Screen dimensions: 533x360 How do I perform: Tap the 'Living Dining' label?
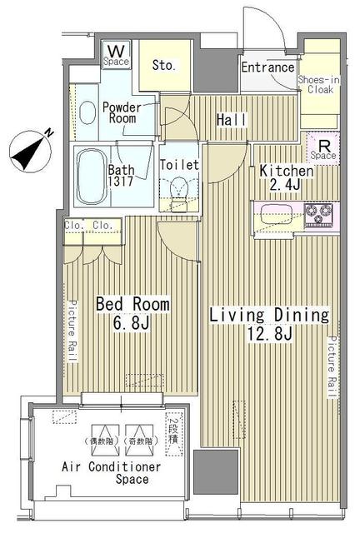coord(268,316)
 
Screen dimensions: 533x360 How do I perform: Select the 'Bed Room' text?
coord(132,305)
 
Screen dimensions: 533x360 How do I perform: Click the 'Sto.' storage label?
coord(163,65)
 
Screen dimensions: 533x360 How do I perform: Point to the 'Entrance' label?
coord(267,67)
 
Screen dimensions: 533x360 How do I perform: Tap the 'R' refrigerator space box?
coord(322,147)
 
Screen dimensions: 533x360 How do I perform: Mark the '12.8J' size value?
coord(269,336)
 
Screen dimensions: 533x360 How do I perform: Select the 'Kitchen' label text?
coord(286,172)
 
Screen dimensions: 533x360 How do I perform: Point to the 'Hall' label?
coord(231,121)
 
